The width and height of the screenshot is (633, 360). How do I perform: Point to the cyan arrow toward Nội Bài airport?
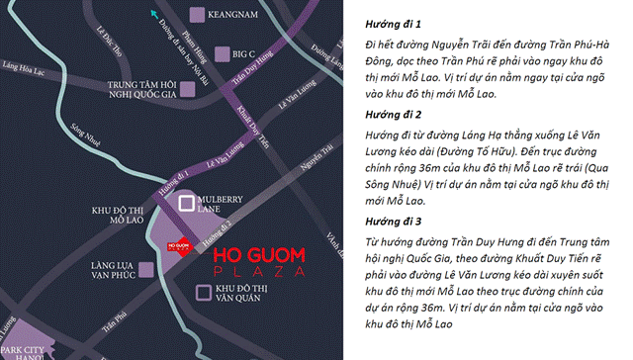tap(153, 14)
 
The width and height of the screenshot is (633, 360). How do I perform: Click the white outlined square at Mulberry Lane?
tap(185, 203)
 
